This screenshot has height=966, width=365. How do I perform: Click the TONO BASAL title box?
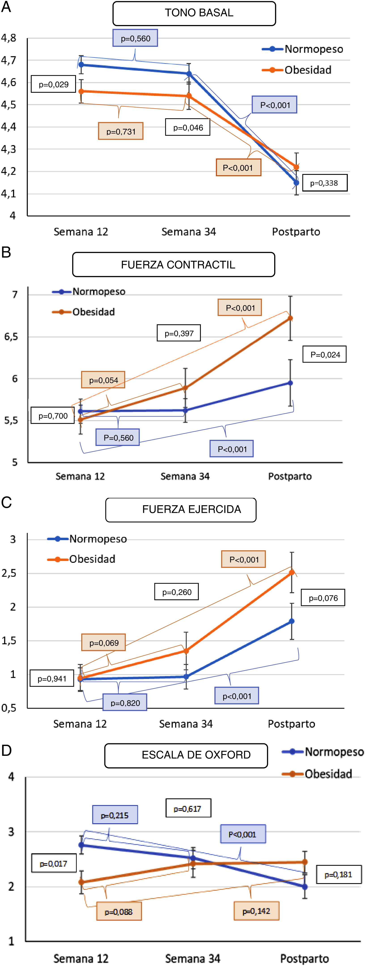[x=194, y=13]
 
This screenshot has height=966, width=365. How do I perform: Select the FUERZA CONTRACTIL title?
[x=174, y=264]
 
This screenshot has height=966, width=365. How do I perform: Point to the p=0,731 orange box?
[x=121, y=131]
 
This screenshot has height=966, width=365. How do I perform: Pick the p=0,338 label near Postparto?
[x=325, y=183]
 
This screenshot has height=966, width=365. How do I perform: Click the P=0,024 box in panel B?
[x=325, y=354]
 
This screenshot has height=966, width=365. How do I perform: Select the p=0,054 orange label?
[x=103, y=380]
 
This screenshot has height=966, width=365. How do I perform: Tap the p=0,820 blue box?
[x=125, y=703]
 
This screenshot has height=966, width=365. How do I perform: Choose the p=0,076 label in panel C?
[x=323, y=598]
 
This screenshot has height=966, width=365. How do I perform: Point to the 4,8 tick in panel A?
[x=9, y=38]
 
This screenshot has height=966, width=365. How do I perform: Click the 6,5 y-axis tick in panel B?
[x=11, y=337]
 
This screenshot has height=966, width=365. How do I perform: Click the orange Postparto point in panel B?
[x=290, y=318]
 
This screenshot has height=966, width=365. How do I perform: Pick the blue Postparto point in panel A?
[x=296, y=183]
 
